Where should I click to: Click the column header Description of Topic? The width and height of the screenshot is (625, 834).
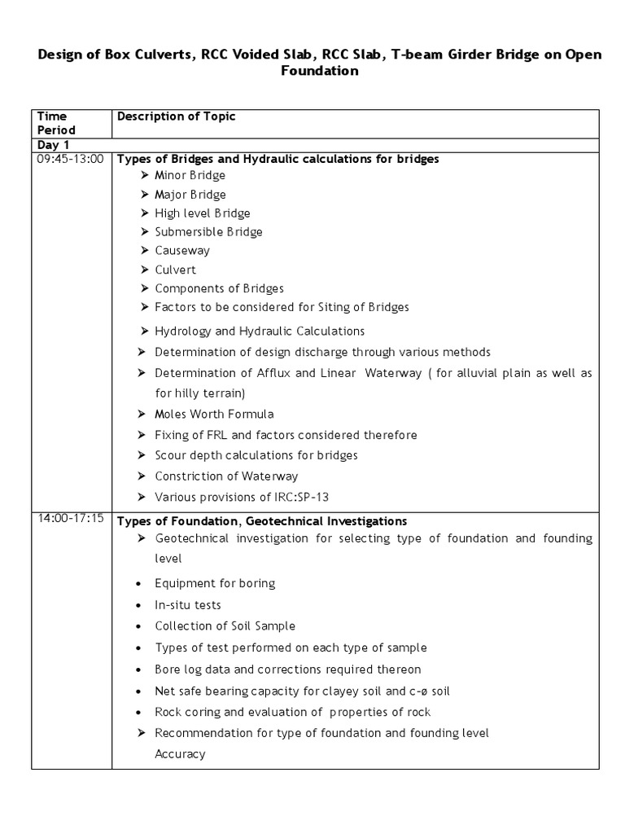coord(177,116)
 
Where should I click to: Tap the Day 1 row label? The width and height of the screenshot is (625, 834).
coord(53,145)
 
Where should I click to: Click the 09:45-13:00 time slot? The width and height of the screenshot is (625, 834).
coord(71,159)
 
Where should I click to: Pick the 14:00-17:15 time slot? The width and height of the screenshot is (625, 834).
coord(71,520)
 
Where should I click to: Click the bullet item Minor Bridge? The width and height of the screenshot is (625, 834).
coord(190,175)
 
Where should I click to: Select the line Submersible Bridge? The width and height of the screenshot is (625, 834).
coord(208,232)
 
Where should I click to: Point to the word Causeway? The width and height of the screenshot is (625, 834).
coord(182,251)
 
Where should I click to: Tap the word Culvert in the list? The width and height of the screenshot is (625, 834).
coord(175,270)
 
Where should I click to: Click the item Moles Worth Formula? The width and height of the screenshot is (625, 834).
coord(214,414)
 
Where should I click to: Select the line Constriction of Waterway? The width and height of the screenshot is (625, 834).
coord(226,476)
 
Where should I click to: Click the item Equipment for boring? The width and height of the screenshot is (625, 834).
coord(215,583)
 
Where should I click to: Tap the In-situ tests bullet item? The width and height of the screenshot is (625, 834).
coord(188,605)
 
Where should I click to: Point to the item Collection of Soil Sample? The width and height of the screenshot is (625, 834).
coord(225,626)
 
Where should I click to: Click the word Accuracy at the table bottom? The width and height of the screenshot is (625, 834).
coord(180,754)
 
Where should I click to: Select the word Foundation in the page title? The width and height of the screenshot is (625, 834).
coord(319,71)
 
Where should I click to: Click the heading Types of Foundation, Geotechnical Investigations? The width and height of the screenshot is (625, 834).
coord(262,520)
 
